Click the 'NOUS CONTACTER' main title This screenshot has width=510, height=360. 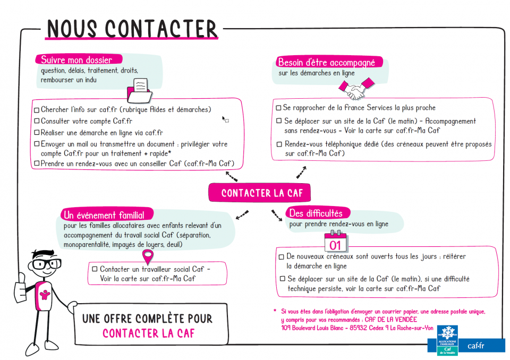pyautogui.click(x=132, y=29)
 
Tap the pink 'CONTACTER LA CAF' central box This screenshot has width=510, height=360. pyautogui.click(x=259, y=193)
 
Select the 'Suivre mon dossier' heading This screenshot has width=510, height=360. pyautogui.click(x=76, y=59)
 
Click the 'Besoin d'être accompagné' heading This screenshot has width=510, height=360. pyautogui.click(x=327, y=62)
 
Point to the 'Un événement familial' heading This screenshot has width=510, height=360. pyautogui.click(x=104, y=215)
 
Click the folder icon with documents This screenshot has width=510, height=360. pyautogui.click(x=139, y=90)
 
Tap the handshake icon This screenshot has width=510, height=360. pyautogui.click(x=356, y=88)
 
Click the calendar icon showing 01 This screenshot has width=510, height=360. pyautogui.click(x=335, y=241)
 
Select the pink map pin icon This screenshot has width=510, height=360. pyautogui.click(x=148, y=256)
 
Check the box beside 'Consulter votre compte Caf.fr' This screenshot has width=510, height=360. pyautogui.click(x=37, y=121)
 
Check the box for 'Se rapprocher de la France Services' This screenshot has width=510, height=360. pyautogui.click(x=278, y=108)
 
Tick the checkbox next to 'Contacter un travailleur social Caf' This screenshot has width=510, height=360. pyautogui.click(x=95, y=269)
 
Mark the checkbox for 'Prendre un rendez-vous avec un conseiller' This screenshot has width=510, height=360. pyautogui.click(x=37, y=163)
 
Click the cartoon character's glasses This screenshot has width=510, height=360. pyautogui.click(x=47, y=264)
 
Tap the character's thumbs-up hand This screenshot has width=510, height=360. pyautogui.click(x=21, y=288)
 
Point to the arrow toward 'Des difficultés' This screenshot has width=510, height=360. pyautogui.click(x=277, y=216)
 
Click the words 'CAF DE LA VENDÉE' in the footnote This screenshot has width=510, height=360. pyautogui.click(x=390, y=320)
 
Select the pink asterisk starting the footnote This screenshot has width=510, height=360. pyautogui.click(x=275, y=311)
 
